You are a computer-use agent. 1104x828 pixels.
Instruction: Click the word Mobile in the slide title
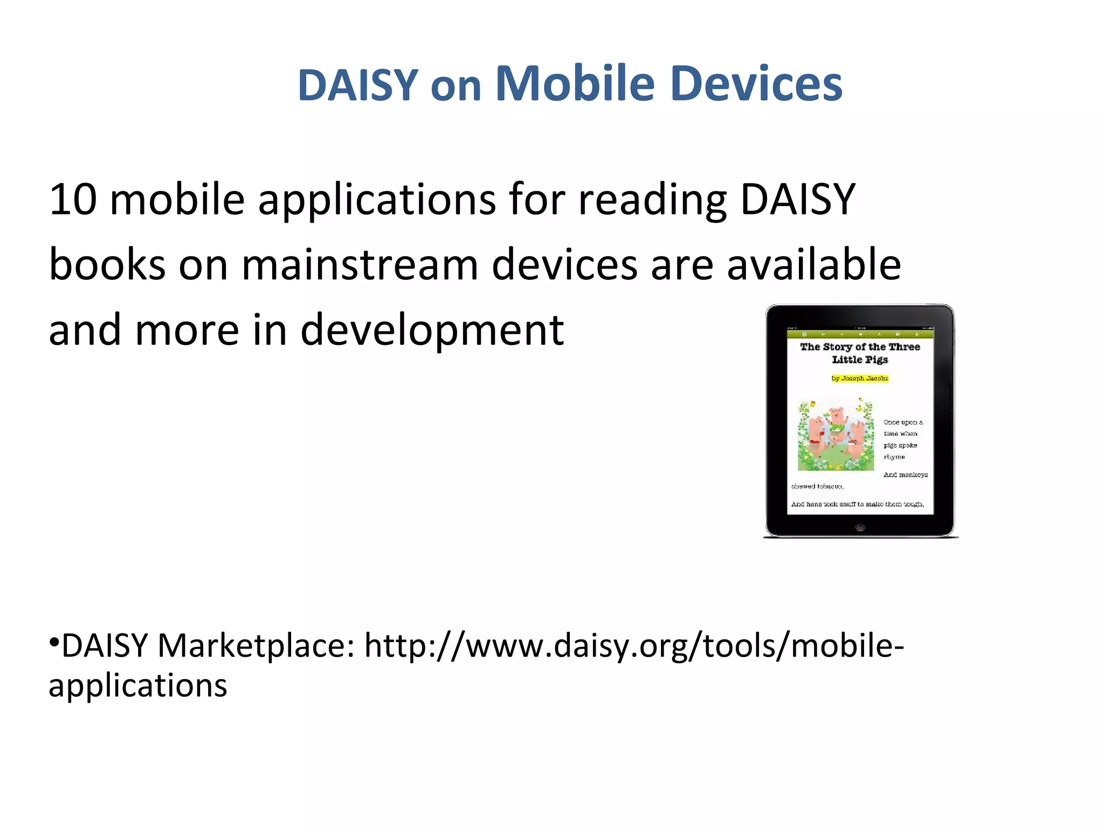tap(575, 84)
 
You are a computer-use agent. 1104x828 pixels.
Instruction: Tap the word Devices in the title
tap(757, 84)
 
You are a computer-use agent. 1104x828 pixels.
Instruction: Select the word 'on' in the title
tap(456, 86)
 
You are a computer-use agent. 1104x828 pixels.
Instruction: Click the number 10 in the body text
tap(73, 199)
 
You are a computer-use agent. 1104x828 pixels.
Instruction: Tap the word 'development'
tap(432, 330)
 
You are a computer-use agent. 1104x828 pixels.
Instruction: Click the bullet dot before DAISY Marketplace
tap(53, 642)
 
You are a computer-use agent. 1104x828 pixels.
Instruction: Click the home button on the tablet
tap(860, 527)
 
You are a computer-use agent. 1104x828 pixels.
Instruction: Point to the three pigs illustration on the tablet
tap(836, 434)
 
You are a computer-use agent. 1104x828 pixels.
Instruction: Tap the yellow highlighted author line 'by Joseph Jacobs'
tap(860, 378)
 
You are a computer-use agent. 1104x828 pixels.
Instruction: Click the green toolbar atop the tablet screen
tap(860, 334)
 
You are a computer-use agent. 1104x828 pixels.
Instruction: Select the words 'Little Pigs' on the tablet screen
tap(860, 360)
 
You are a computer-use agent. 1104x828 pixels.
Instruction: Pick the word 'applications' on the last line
tap(138, 686)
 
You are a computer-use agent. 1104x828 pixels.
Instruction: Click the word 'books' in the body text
tap(107, 265)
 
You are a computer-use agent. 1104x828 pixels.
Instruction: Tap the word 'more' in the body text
tap(187, 330)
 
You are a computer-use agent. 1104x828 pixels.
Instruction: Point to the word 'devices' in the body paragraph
tap(564, 265)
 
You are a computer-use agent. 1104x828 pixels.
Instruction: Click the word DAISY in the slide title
tap(357, 85)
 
